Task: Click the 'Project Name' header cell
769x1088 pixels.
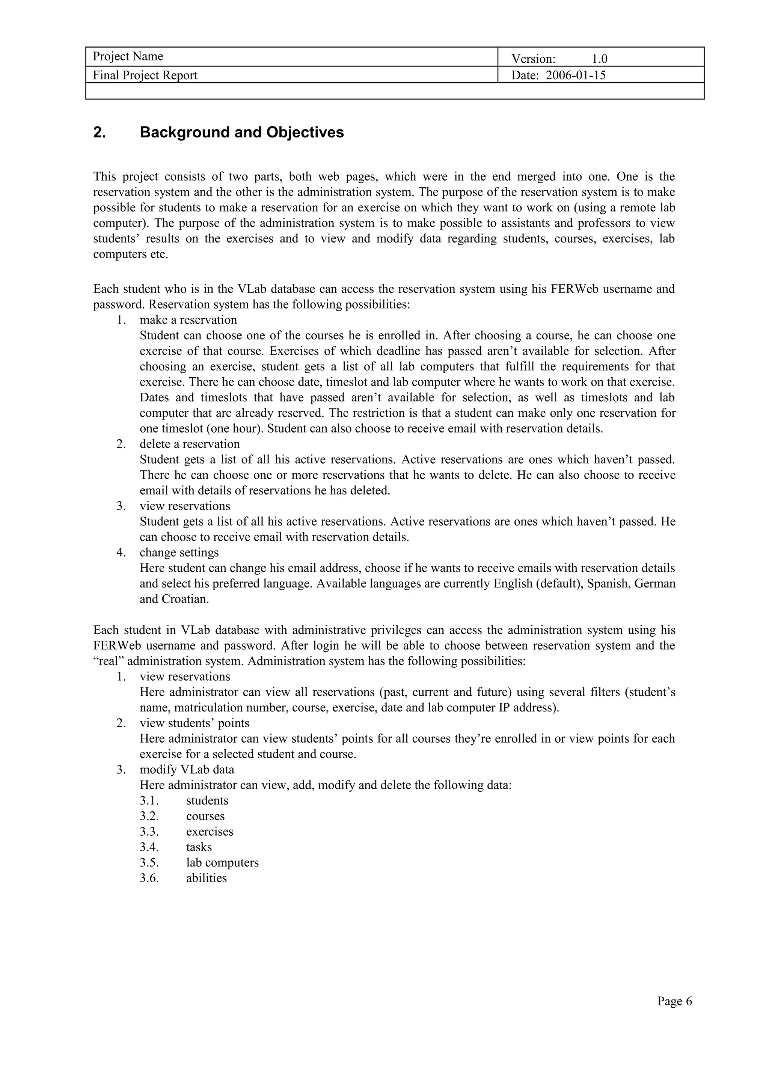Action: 128,56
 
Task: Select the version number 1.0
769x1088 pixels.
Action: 599,59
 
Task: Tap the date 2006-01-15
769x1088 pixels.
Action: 576,75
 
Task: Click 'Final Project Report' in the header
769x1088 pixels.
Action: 145,75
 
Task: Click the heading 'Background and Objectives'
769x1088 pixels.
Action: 242,132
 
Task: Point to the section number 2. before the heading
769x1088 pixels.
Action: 100,132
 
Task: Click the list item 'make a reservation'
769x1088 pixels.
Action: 188,320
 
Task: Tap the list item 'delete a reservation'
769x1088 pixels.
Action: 190,444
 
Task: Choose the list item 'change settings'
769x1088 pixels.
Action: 179,553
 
